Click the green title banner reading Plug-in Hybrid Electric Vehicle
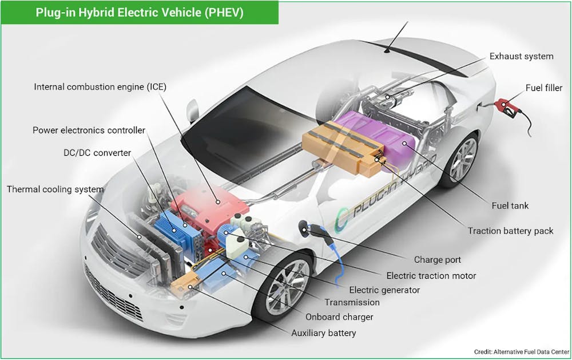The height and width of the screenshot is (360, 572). tap(140, 13)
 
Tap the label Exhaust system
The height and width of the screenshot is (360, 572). tap(521, 56)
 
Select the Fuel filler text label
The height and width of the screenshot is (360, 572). tap(543, 88)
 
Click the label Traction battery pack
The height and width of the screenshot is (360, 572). tap(510, 231)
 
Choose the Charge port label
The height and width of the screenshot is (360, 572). tap(437, 259)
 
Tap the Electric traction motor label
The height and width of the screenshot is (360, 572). tap(431, 275)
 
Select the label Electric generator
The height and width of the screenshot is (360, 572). tap(384, 290)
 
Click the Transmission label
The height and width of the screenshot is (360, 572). tap(352, 302)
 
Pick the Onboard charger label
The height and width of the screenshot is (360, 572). tap(339, 317)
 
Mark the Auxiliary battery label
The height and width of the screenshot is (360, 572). tap(323, 333)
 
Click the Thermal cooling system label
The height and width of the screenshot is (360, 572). tap(55, 189)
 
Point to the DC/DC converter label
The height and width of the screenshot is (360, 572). tap(97, 152)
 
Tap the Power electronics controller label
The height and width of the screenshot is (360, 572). tap(89, 130)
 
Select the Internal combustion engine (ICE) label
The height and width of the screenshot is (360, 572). tap(100, 87)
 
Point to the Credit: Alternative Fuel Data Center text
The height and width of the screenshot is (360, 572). tap(521, 351)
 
